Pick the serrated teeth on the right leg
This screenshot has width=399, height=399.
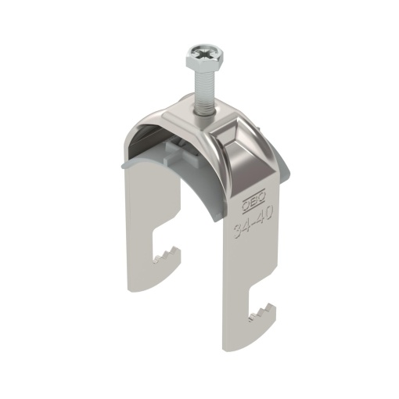[x=262, y=314]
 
